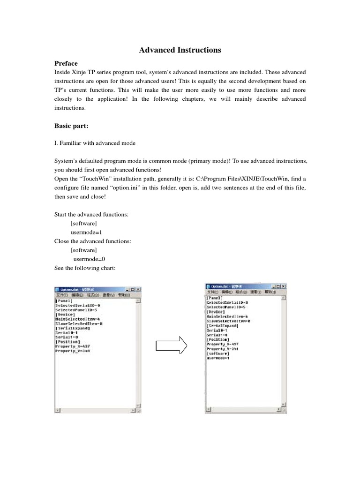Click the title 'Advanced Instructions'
(180, 50)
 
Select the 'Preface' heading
(66, 63)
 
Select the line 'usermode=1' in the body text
(86, 232)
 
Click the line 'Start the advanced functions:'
(91, 215)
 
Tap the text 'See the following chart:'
(84, 268)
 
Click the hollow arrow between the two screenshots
(171, 346)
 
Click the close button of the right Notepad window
(284, 286)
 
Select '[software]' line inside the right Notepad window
(218, 353)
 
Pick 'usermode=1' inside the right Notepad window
(218, 358)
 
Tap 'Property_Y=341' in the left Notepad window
(73, 351)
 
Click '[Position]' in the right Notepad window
(218, 339)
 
